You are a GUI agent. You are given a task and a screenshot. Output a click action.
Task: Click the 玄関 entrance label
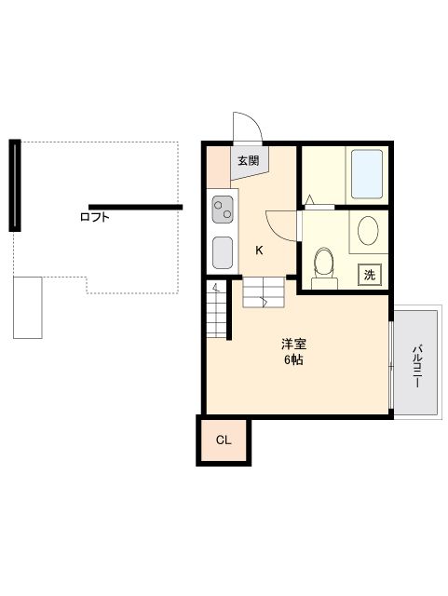248,161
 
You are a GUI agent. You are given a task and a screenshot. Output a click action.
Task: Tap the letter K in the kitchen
260,250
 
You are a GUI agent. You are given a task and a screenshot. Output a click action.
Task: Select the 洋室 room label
293,344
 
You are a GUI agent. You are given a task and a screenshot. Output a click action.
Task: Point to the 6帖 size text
293,359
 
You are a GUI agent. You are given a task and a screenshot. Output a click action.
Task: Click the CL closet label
224,440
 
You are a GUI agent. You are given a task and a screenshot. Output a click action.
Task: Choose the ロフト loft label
94,217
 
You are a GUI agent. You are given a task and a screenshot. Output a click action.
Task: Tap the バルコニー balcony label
418,366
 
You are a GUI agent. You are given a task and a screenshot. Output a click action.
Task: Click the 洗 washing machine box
370,275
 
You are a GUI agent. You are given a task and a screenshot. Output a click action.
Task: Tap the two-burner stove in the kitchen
224,210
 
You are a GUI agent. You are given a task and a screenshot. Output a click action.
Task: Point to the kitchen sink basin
223,251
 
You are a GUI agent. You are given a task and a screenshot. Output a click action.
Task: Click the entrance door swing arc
248,128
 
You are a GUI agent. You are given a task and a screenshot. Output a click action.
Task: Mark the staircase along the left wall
217,311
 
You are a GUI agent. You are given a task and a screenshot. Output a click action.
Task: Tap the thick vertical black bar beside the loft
15,184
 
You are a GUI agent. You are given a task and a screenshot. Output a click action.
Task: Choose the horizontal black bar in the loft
135,206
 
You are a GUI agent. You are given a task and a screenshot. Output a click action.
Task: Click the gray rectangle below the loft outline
28,306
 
